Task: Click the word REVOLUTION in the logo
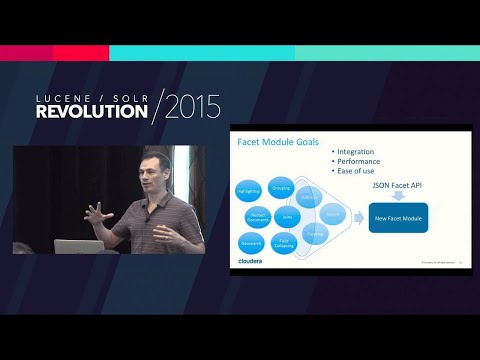coord(91,112)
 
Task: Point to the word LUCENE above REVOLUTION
coord(66,97)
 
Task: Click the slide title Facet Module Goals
coord(277,142)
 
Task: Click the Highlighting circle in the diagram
coord(249,190)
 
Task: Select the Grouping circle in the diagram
coord(281,186)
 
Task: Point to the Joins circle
coord(287,214)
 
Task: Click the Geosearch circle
coord(251,242)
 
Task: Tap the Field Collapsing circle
coord(284,242)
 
